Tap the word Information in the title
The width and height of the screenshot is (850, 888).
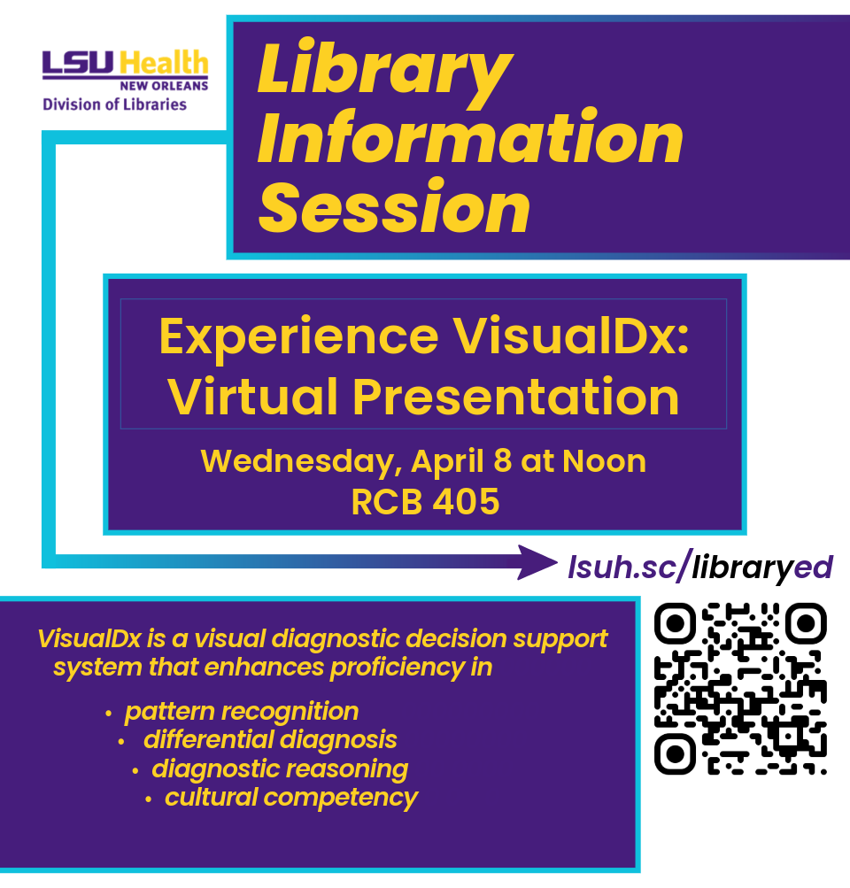point(470,141)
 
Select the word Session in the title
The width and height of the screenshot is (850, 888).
point(394,208)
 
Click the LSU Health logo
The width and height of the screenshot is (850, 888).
point(126,69)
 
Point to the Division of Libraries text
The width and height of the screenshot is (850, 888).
point(115,104)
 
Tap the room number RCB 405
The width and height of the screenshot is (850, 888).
point(425,502)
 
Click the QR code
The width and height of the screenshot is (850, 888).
point(740,688)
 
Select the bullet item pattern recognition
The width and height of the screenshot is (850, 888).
point(241,712)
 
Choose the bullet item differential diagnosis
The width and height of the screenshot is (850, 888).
point(270,739)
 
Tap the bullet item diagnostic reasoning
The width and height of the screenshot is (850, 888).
point(280,768)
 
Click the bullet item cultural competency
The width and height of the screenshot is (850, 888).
point(291,797)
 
